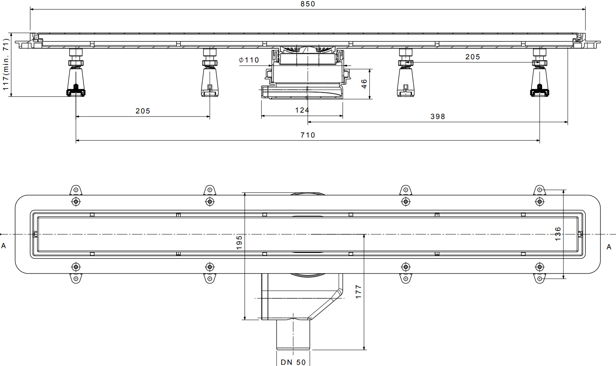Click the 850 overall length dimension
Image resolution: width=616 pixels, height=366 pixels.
(x=308, y=4)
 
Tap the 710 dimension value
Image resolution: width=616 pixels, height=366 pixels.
(x=308, y=135)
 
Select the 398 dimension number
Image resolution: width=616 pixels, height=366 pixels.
(x=438, y=117)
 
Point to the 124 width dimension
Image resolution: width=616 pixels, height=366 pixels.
(x=302, y=110)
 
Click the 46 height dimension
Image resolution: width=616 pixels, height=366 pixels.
(x=364, y=84)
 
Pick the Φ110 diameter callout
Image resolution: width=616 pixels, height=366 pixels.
(x=249, y=60)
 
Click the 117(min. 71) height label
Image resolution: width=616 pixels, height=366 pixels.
(x=6, y=64)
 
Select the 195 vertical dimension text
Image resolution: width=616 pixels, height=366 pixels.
(x=239, y=242)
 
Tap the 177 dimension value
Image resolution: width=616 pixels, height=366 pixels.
(x=358, y=292)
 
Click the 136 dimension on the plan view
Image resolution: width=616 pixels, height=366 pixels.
(x=558, y=234)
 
